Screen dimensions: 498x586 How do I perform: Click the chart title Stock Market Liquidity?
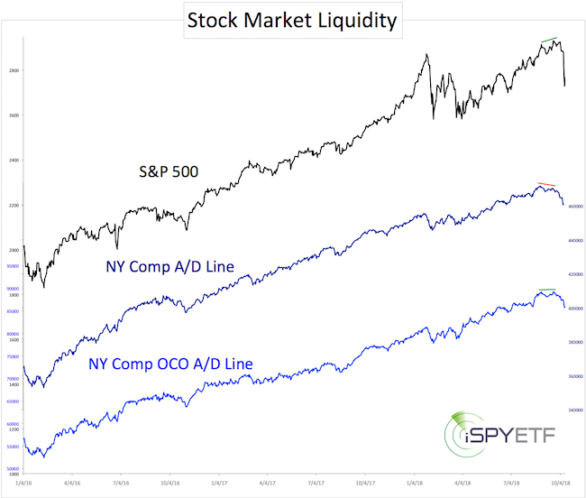pos(292,21)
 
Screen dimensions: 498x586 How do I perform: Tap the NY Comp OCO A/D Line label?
pos(170,364)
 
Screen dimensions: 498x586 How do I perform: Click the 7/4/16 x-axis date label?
pos(119,484)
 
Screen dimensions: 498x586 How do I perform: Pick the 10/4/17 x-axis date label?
pos(365,484)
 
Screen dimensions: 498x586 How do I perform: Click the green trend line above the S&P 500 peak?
pos(548,40)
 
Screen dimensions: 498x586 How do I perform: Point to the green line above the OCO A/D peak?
pos(547,290)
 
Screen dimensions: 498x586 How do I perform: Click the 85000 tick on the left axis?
pos(14,311)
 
